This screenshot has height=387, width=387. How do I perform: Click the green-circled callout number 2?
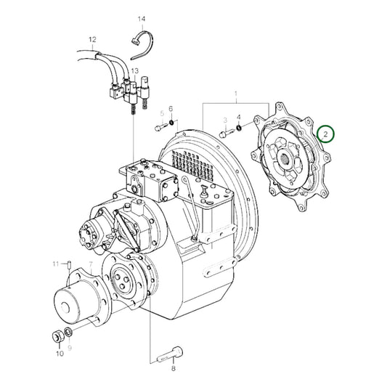point(327,134)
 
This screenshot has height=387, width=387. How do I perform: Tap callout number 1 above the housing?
point(235,94)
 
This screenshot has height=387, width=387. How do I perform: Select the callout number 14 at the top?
point(142,18)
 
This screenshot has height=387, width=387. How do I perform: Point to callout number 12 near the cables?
point(92,39)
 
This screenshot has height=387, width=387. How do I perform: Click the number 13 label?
point(134,70)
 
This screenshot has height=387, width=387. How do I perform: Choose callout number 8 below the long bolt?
point(173,368)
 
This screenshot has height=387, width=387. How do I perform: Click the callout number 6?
point(171,109)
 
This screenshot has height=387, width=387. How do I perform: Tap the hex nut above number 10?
point(56,317)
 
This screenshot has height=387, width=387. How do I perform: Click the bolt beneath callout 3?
point(228,133)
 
